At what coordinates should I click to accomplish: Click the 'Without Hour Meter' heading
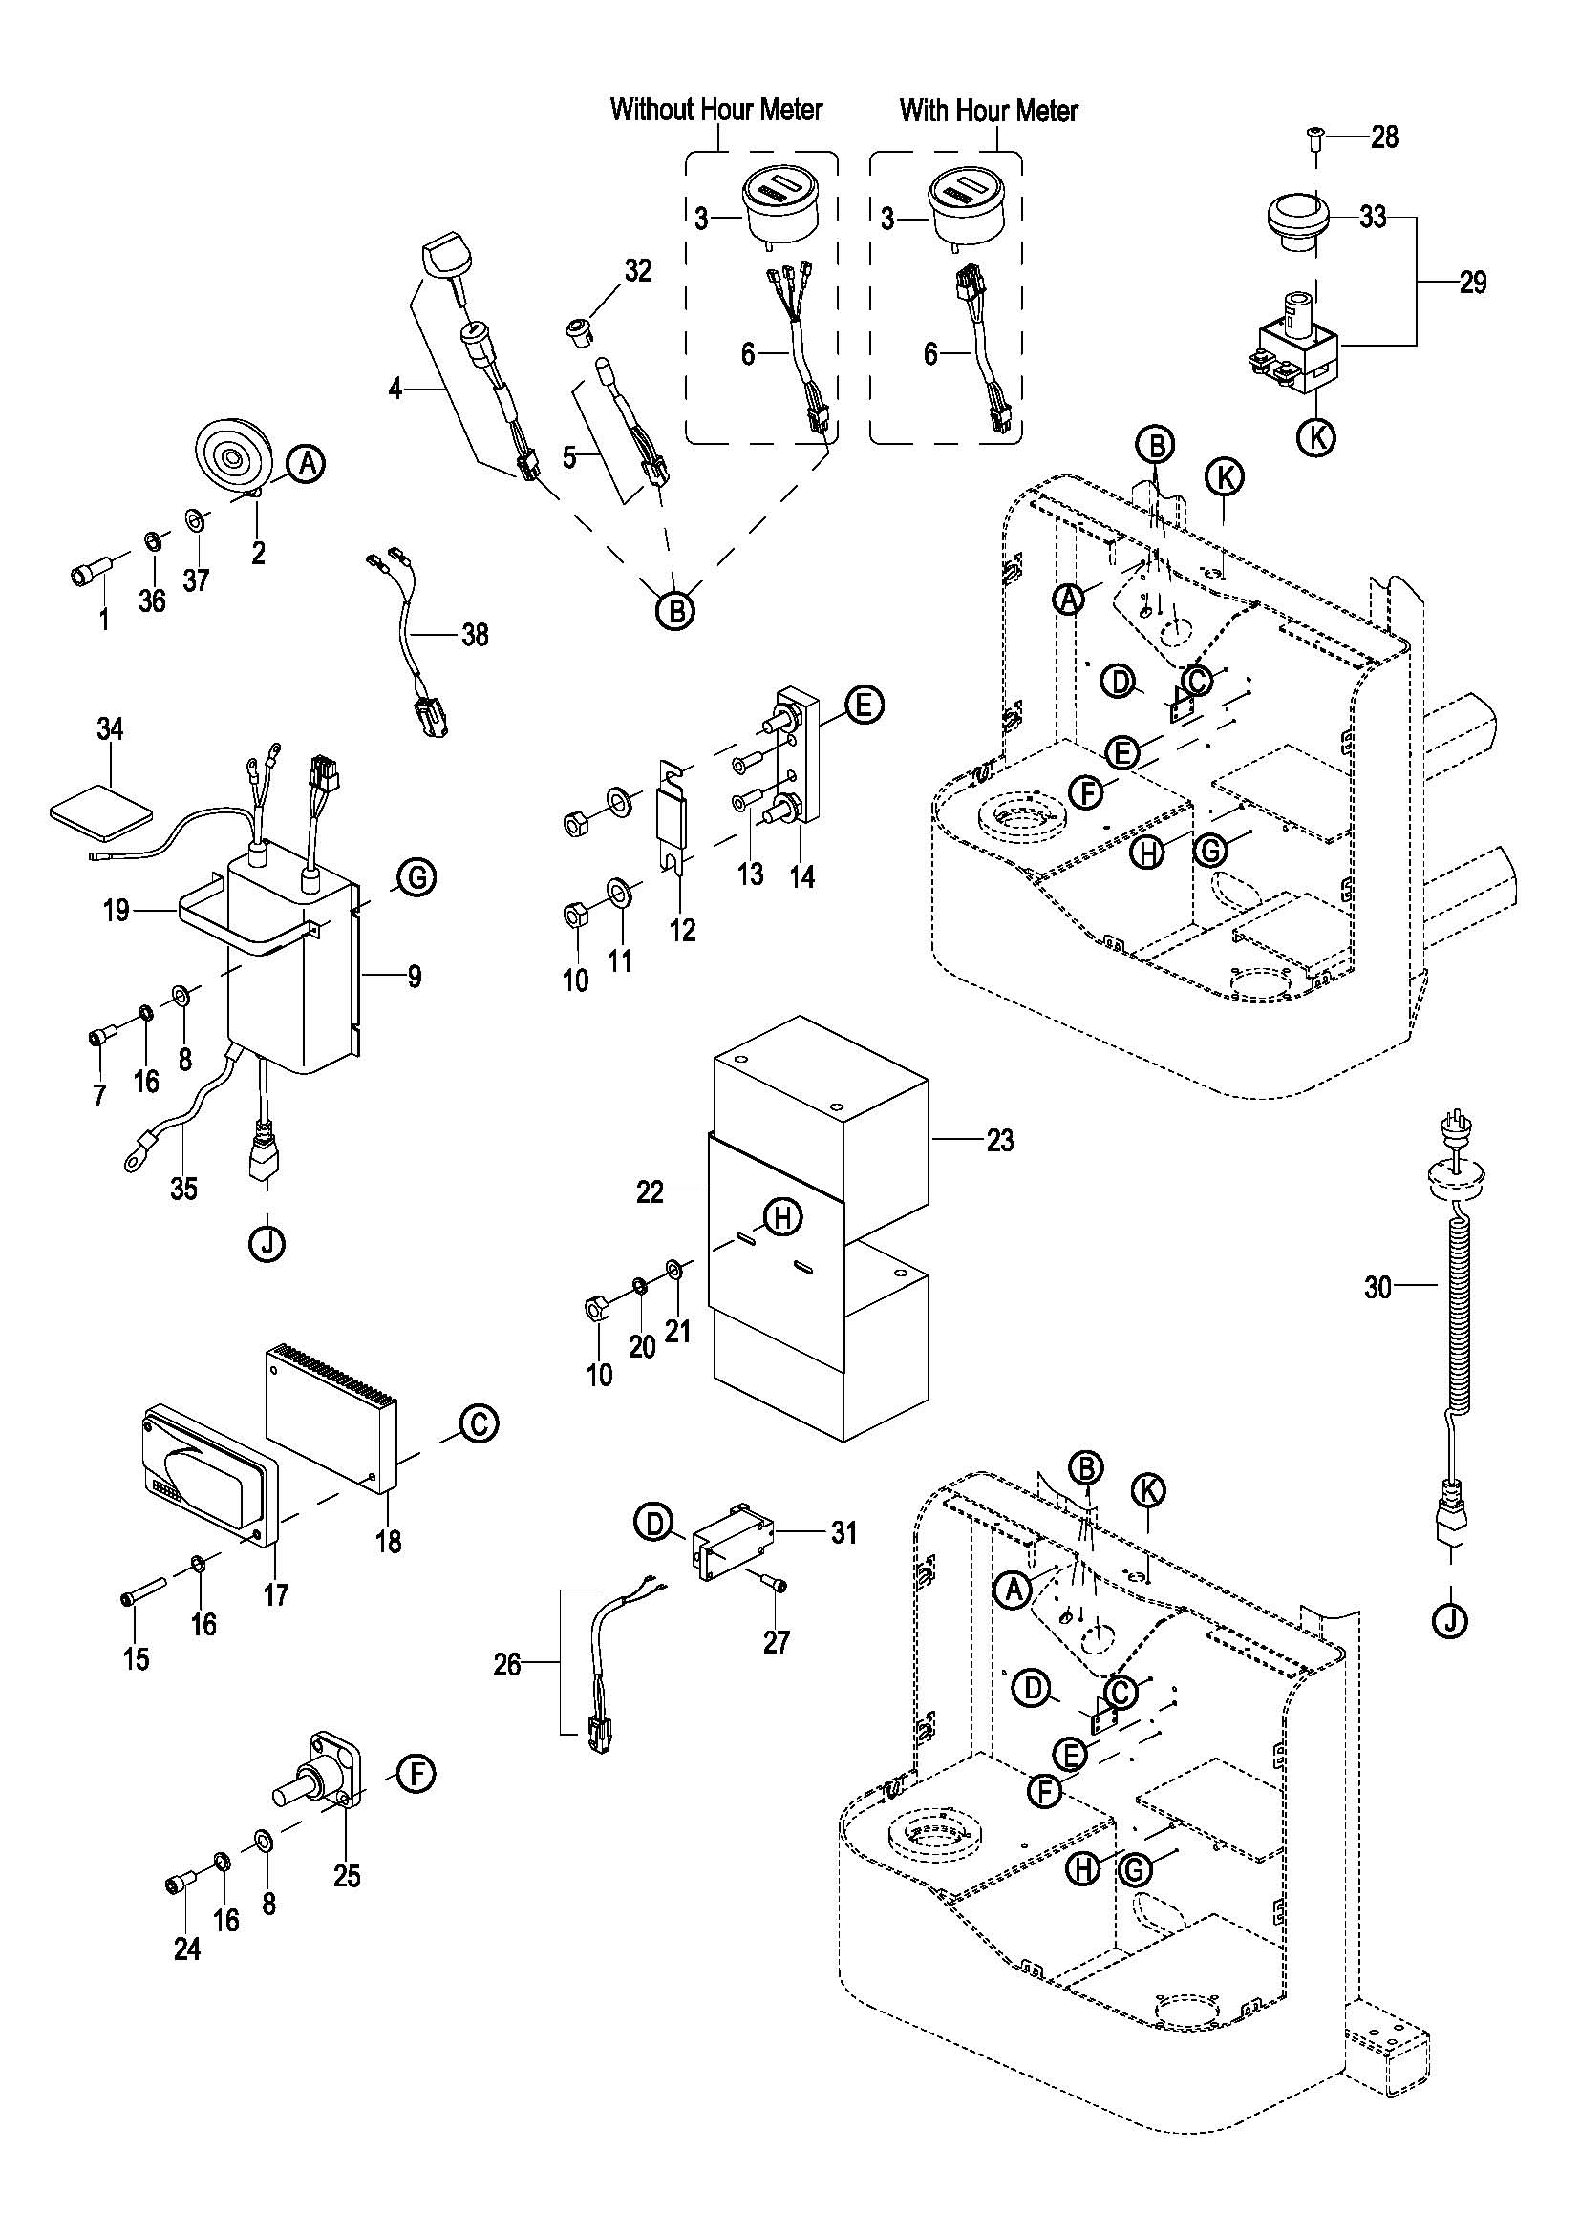[x=716, y=110]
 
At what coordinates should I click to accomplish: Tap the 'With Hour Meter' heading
[x=989, y=110]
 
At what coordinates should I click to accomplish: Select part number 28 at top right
[x=1384, y=137]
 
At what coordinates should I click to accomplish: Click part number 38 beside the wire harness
[x=475, y=635]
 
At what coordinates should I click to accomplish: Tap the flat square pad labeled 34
[x=100, y=811]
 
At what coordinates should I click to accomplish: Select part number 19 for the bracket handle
[x=116, y=911]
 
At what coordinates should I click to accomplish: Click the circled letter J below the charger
[x=267, y=1242]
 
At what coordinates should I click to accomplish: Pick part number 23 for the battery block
[x=1000, y=1140]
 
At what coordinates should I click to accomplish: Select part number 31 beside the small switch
[x=843, y=1534]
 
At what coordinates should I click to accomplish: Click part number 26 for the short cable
[x=507, y=1664]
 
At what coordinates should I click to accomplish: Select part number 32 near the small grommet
[x=638, y=270]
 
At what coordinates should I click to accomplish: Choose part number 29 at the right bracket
[x=1473, y=282]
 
